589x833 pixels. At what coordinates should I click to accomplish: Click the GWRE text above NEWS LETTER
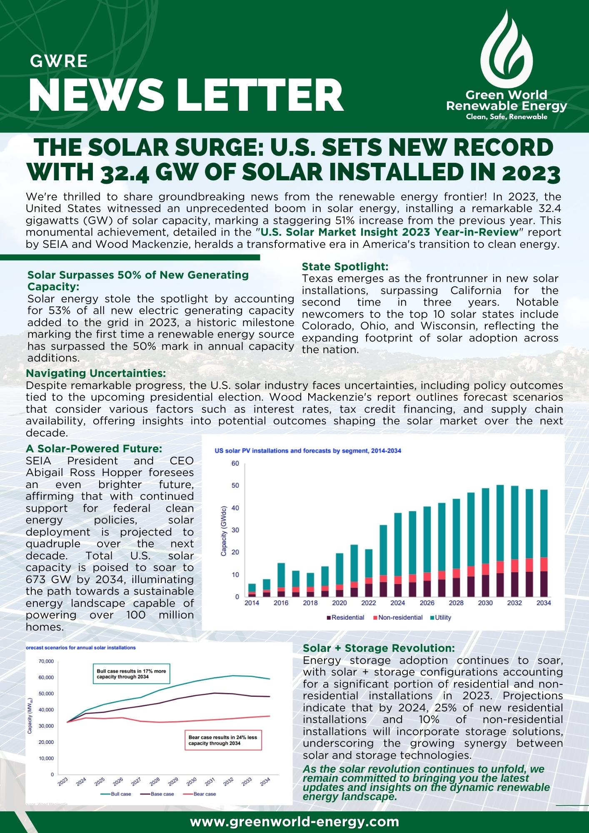(x=59, y=62)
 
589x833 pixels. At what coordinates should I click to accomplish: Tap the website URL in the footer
(x=294, y=821)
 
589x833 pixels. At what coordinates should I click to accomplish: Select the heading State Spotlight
(x=345, y=267)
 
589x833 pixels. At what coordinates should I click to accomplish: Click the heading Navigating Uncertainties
(x=96, y=373)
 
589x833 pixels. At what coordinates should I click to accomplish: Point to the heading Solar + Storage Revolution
(x=379, y=648)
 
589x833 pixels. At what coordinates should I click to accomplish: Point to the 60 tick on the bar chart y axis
(x=235, y=464)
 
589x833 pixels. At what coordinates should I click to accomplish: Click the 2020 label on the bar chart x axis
(x=339, y=603)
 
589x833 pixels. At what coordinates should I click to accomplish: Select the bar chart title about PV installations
(x=307, y=451)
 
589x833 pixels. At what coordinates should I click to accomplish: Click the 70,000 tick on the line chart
(x=46, y=661)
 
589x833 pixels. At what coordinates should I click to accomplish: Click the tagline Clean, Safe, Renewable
(x=507, y=117)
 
